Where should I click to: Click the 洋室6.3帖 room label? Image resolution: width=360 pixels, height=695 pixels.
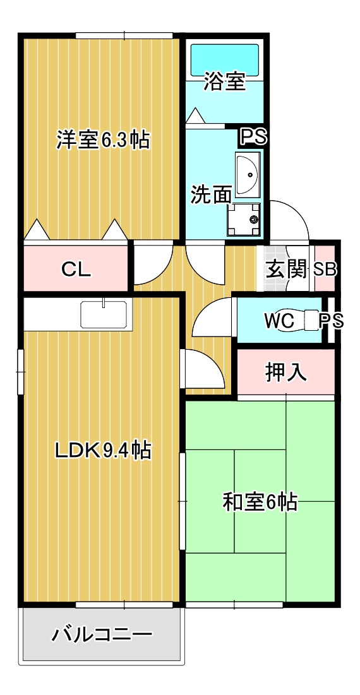point(103,140)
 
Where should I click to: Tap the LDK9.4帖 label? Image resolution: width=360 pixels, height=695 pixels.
point(102,450)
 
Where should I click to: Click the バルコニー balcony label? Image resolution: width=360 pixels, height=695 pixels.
point(102,634)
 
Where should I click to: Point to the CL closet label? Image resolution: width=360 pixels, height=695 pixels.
point(76,270)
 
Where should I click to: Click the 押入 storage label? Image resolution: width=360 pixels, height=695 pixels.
point(285,372)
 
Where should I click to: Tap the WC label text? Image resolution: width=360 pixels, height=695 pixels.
point(279,321)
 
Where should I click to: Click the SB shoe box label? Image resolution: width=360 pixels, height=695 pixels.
point(325,270)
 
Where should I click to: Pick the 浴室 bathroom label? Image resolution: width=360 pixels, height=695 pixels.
point(224,82)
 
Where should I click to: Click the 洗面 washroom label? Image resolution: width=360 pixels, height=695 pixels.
point(211,194)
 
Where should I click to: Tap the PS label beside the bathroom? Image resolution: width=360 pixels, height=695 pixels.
point(253,137)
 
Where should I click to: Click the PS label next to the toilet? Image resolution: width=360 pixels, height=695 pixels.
point(331,321)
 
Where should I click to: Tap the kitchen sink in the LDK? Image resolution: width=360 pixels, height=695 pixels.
point(104,314)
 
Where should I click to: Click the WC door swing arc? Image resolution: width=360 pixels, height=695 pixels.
point(212,316)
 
